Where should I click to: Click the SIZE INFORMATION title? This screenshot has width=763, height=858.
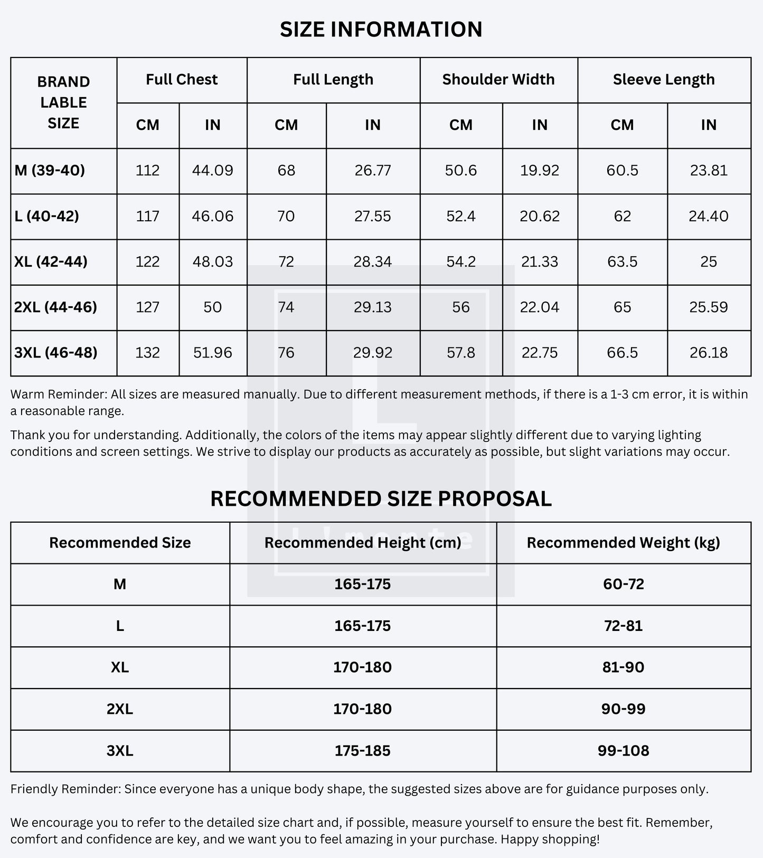click(381, 30)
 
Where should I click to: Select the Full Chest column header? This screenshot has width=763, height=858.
click(182, 80)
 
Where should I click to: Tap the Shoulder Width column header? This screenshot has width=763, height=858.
click(498, 80)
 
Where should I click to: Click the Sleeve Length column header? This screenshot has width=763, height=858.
click(664, 80)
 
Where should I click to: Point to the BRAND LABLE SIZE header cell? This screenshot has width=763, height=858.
click(63, 102)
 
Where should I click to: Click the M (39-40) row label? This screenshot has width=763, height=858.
click(50, 171)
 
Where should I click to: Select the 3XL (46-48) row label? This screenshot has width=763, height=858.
click(56, 353)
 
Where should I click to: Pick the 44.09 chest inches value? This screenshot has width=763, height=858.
click(213, 171)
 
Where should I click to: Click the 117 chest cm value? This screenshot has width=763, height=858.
click(147, 216)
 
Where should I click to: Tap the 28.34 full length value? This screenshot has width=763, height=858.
click(373, 262)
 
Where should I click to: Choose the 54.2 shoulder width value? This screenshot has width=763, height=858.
click(461, 262)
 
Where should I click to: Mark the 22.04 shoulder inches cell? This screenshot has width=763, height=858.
click(540, 307)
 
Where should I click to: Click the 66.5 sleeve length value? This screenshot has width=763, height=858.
click(622, 353)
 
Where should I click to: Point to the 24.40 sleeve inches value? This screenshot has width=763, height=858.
click(709, 216)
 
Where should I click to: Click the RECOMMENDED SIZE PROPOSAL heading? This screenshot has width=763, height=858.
click(381, 499)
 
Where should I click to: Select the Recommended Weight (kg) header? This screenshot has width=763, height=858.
click(623, 543)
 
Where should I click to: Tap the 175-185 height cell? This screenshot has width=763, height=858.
click(362, 751)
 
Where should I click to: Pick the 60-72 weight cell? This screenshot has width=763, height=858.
click(623, 584)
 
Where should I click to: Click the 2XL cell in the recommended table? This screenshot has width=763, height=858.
click(120, 709)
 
